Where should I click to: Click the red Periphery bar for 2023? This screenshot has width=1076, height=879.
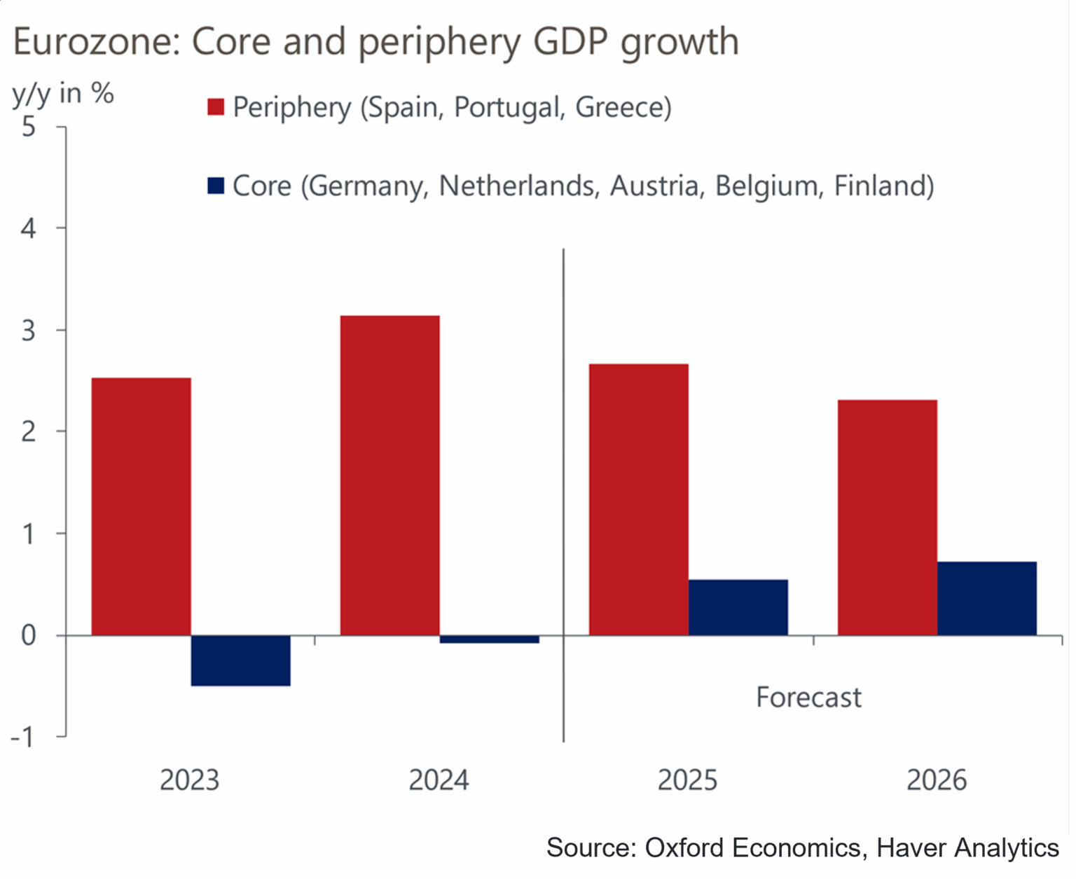141,506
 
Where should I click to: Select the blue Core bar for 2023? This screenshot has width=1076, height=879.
240,660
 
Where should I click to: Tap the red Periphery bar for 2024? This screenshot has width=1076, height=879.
389,476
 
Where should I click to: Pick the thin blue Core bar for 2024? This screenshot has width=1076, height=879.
489,639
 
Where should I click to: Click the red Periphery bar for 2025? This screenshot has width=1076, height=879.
638,499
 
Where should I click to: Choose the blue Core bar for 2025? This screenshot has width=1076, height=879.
738,607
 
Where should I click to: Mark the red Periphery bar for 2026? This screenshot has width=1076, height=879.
887,518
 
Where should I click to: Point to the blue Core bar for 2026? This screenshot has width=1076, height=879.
986,598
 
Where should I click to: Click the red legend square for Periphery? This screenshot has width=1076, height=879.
216,107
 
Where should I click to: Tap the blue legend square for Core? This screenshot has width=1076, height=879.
216,186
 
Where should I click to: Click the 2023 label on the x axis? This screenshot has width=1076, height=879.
189,780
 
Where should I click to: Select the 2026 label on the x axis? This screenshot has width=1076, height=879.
936,780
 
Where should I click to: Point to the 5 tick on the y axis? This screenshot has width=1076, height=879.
29,127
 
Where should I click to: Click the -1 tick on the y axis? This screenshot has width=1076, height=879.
22,737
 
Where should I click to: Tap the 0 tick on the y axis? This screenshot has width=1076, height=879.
29,635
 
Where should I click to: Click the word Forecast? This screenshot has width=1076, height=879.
808,698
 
